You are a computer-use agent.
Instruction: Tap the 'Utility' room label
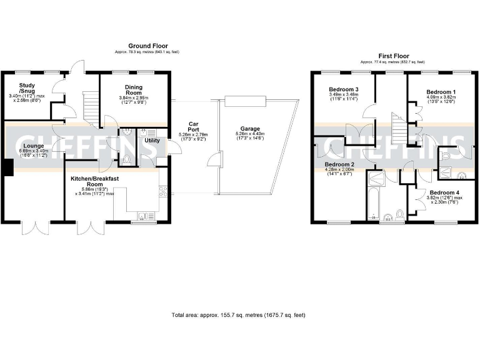152,141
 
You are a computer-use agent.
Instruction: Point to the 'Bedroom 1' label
441,92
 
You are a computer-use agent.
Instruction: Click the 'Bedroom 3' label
344,90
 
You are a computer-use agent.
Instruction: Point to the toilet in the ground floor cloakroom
127,159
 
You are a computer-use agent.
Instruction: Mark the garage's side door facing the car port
216,160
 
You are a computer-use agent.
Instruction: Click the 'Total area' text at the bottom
238,315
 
